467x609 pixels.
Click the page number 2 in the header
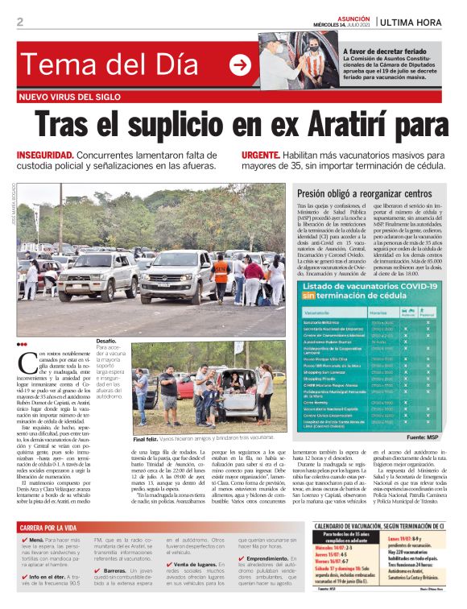(19, 22)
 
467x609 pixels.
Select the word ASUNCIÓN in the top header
(350, 17)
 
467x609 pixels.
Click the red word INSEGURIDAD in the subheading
(46, 155)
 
